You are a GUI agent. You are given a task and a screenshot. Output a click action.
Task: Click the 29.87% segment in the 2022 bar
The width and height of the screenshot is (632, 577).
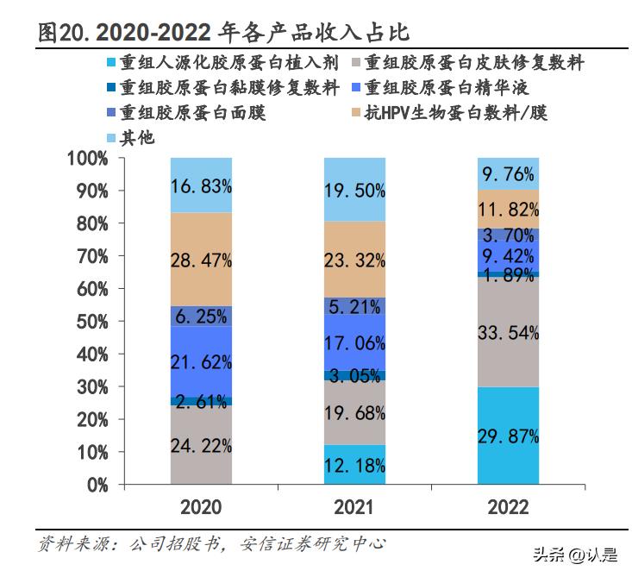[508, 436]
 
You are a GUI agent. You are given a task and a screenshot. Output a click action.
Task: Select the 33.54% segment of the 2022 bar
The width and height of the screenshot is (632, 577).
[508, 332]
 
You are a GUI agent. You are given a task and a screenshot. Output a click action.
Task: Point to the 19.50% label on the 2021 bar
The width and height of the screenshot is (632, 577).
[354, 191]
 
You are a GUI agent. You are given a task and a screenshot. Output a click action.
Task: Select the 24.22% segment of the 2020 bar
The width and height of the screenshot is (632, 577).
[201, 445]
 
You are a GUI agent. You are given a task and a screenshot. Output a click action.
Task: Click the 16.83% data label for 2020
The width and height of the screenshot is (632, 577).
[201, 185]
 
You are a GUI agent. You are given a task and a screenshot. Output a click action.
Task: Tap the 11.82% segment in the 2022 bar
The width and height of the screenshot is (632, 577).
[508, 209]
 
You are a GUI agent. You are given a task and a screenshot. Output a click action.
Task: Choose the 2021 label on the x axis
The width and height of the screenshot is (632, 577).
[354, 507]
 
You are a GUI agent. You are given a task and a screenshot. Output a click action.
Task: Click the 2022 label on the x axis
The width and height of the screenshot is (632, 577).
[508, 507]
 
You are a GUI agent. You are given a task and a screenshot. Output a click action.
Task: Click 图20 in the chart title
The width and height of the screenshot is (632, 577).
[63, 33]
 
